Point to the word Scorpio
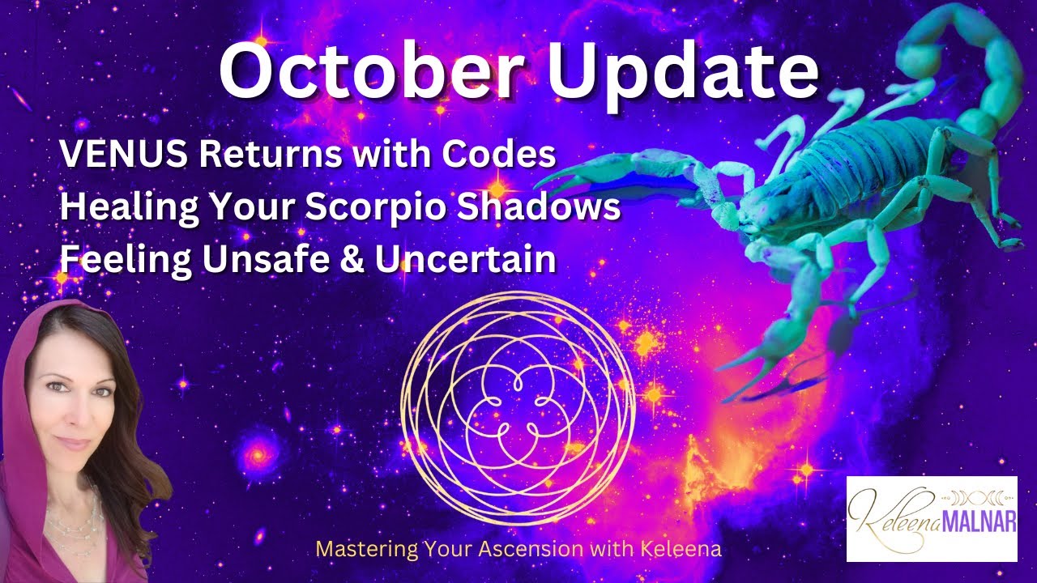[386, 207]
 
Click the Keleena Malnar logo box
[931, 518]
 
